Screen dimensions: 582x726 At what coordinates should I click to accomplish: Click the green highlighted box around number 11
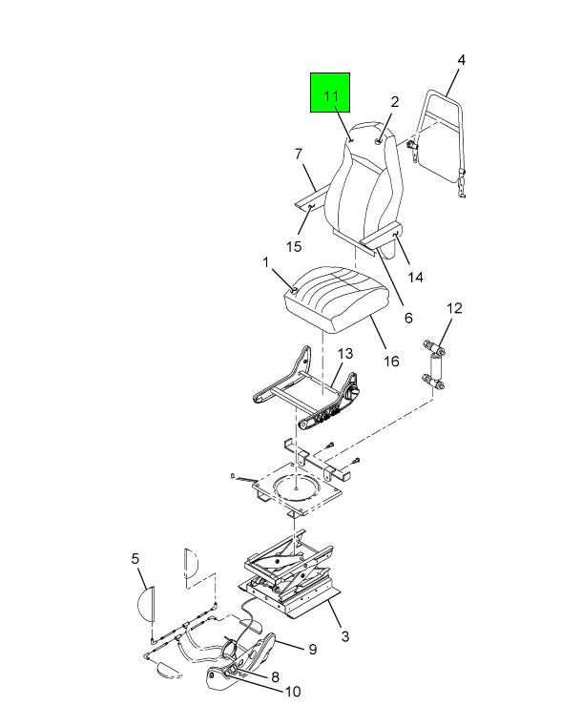[x=330, y=93]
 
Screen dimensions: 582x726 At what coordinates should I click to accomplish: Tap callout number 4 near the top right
[x=461, y=60]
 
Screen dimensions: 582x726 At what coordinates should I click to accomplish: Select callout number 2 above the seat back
[x=394, y=102]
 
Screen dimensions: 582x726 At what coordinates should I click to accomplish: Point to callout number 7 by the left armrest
[x=299, y=154]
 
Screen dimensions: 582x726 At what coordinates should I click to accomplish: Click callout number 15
[x=294, y=246]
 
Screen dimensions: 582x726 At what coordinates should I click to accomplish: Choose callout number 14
[x=415, y=277]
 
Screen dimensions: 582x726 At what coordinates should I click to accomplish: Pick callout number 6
[x=408, y=318]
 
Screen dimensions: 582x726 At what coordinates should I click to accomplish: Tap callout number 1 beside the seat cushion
[x=266, y=262]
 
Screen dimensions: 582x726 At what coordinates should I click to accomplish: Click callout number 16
[x=392, y=361]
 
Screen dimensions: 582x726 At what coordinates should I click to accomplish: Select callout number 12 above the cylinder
[x=454, y=308]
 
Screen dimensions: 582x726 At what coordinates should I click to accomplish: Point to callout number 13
[x=345, y=354]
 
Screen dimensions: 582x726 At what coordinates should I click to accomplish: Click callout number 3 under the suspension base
[x=345, y=636]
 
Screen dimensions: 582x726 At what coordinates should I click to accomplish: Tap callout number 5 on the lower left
[x=135, y=558]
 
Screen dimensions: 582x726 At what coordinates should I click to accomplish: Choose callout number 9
[x=313, y=649]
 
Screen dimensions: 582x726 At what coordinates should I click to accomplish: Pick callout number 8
[x=275, y=677]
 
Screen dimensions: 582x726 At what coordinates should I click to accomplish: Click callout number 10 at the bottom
[x=292, y=692]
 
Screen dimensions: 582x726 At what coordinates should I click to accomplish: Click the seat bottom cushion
[x=334, y=299]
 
